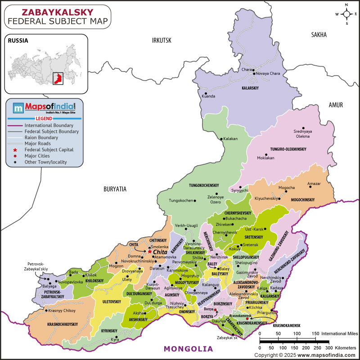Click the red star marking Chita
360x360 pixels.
pyautogui.click(x=150, y=252)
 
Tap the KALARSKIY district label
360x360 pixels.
pyautogui.click(x=250, y=88)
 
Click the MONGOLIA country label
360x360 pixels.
pyautogui.click(x=188, y=349)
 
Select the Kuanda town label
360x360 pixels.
pyautogui.click(x=209, y=96)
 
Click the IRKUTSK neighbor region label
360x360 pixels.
pyautogui.click(x=162, y=40)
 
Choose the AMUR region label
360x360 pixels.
pyautogui.click(x=335, y=105)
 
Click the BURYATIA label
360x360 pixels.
pyautogui.click(x=115, y=189)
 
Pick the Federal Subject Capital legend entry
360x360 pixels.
pyautogui.click(x=49, y=149)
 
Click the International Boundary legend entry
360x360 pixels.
pyautogui.click(x=49, y=125)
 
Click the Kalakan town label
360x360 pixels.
pyautogui.click(x=230, y=139)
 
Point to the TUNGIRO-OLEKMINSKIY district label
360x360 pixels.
pyautogui.click(x=288, y=149)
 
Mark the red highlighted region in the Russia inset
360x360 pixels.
pyautogui.click(x=58, y=78)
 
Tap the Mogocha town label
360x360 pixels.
pyautogui.click(x=287, y=187)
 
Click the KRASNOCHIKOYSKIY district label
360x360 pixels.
pyautogui.click(x=63, y=324)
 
